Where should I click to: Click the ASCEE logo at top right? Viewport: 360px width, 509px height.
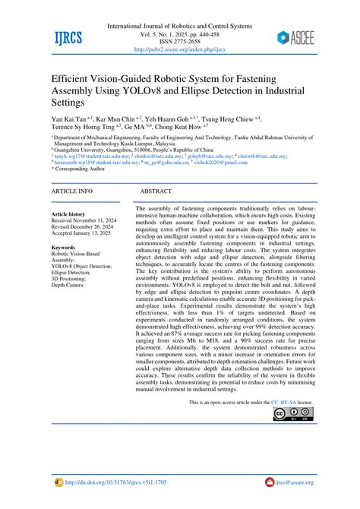(x=298, y=36)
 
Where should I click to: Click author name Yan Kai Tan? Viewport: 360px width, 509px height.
(x=68, y=119)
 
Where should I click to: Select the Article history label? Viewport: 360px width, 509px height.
(x=68, y=215)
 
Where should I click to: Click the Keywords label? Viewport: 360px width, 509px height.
(x=64, y=248)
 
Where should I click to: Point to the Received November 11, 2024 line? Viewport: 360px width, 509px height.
(x=89, y=222)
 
